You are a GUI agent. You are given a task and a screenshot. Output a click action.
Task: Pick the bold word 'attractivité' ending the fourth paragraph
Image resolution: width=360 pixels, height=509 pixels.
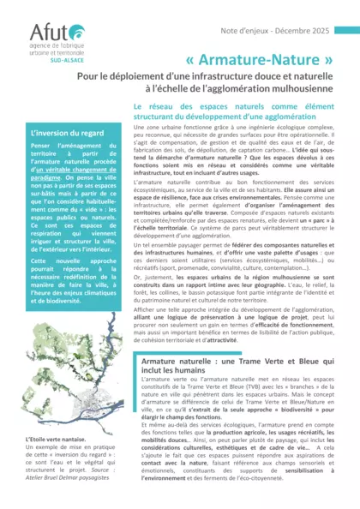pyautogui.click(x=264, y=340)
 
